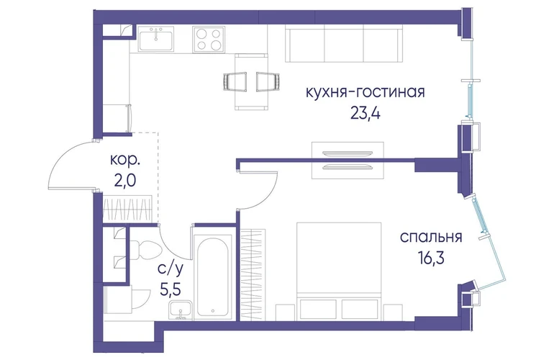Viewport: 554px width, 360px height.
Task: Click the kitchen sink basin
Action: pos(156,39)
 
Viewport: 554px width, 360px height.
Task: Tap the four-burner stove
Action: pos(209,39)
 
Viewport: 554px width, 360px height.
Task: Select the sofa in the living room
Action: pos(344,45)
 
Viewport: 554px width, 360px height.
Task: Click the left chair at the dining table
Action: pos(236,81)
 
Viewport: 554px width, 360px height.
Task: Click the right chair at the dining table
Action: pos(268,81)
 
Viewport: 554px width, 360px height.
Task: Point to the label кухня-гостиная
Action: pos(365,92)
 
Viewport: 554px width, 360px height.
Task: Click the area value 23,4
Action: pos(365,113)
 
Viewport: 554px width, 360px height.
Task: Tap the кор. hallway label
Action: pos(125,160)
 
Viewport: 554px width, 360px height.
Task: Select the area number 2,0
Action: pos(124,180)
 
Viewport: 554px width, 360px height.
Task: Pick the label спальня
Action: pos(431,237)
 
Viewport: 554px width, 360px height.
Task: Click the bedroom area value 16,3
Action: pos(430,258)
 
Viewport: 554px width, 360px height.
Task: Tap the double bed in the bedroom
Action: pos(339,271)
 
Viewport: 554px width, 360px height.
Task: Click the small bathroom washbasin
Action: pos(181,310)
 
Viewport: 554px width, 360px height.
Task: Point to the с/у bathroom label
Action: pos(171,270)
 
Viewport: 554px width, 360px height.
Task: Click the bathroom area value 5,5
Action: pos(171,290)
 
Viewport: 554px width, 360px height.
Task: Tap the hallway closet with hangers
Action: pos(127,209)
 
